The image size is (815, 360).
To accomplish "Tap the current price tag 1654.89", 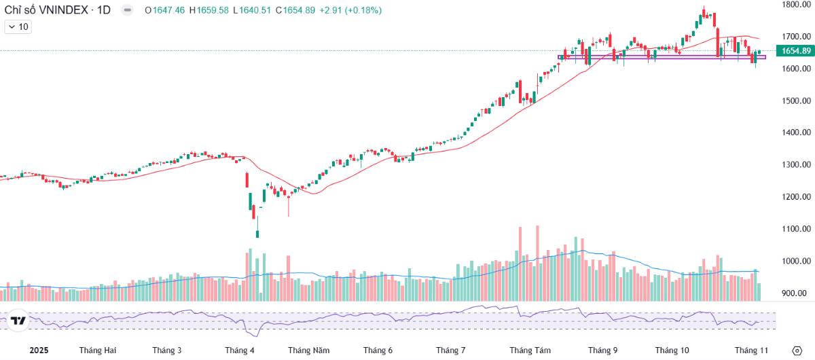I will click(x=796, y=51).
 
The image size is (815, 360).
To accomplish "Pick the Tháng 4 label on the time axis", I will click(x=240, y=350).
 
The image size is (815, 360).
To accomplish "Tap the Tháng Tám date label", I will click(x=530, y=350).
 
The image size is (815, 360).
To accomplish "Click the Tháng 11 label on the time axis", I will click(x=751, y=350).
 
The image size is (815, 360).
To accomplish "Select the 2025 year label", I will click(x=39, y=350).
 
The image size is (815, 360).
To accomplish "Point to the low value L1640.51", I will click(x=250, y=10).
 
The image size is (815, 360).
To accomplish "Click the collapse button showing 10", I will click(x=18, y=26).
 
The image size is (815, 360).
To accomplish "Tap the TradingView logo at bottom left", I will click(x=18, y=321).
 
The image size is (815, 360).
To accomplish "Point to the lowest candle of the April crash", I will click(x=257, y=234).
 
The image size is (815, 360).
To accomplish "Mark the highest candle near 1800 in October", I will click(x=704, y=13).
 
